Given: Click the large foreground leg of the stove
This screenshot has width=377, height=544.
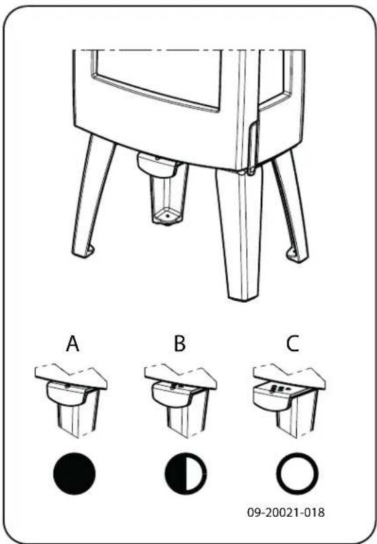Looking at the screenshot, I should (x=238, y=232).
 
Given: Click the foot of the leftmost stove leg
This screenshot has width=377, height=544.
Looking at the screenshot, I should (x=86, y=252).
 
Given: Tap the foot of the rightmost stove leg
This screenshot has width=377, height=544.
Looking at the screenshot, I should (x=293, y=254).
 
